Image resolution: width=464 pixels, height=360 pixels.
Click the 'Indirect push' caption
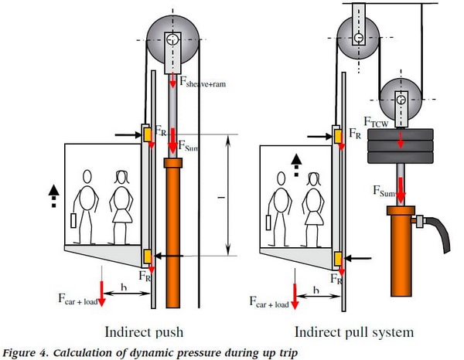(147, 332)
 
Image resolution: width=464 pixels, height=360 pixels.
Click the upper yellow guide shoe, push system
(146, 134)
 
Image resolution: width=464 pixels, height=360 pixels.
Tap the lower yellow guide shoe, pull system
(337, 257)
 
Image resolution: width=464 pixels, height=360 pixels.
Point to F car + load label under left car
(78, 297)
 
